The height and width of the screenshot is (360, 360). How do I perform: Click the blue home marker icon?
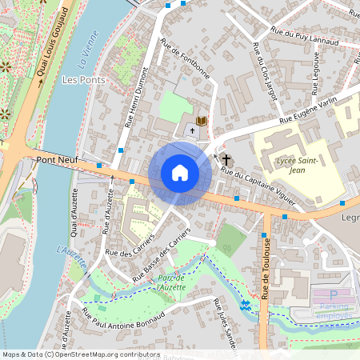(x=180, y=173)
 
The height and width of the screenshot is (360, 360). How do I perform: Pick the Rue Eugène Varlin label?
(x=309, y=111)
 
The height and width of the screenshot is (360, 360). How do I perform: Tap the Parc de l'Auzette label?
(x=171, y=282)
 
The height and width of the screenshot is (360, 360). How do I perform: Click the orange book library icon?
(x=202, y=121)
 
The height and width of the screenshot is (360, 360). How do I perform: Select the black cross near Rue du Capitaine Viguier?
(x=226, y=159)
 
